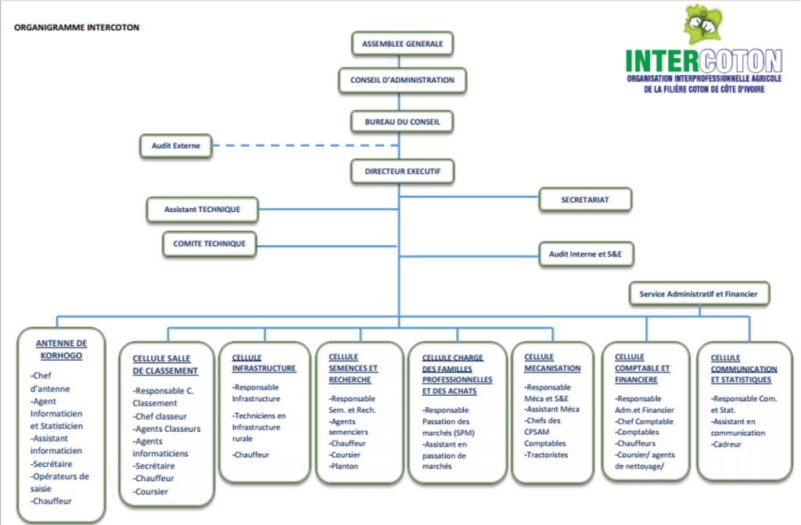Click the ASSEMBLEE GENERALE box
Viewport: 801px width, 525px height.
click(403, 44)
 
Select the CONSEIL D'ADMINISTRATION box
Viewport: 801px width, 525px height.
click(403, 81)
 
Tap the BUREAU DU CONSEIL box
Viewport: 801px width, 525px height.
click(403, 122)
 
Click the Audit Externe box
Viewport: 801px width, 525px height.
click(176, 146)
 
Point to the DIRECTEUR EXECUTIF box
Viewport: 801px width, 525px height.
click(403, 172)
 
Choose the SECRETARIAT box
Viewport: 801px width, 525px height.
click(585, 200)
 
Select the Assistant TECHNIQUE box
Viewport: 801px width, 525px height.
click(203, 210)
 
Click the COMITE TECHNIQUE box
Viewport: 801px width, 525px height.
click(210, 244)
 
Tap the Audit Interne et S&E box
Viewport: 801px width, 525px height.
click(586, 254)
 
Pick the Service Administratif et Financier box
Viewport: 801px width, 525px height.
click(699, 294)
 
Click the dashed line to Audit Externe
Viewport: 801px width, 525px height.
click(306, 146)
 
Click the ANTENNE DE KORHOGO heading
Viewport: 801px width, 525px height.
click(61, 350)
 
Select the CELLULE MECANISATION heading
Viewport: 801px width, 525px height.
click(552, 362)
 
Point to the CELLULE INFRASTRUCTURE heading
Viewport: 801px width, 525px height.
click(264, 363)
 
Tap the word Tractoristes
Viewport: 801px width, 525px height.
click(547, 455)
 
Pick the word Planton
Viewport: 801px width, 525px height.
click(345, 466)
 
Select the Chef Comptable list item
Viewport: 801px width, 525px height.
click(645, 422)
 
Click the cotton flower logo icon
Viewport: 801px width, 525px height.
click(705, 24)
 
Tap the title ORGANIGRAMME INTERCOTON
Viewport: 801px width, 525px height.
click(77, 27)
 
